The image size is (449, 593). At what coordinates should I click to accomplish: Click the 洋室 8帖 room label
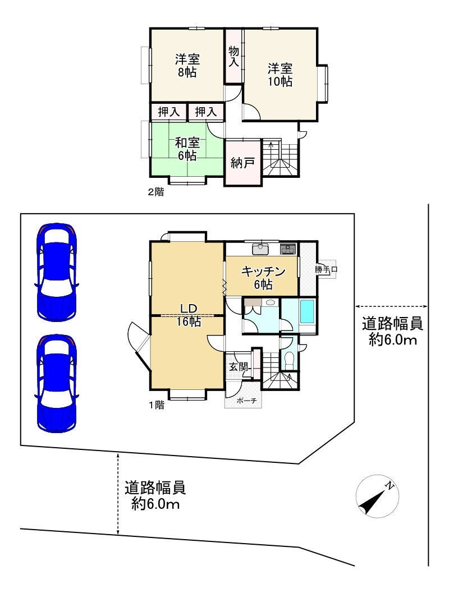[x=187, y=66]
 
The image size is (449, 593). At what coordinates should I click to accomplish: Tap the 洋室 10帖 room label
[x=280, y=75]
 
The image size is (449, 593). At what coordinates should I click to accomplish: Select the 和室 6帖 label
[x=187, y=149]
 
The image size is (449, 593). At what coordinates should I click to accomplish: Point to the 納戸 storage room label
[x=242, y=163]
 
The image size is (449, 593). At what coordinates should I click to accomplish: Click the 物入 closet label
[x=234, y=56]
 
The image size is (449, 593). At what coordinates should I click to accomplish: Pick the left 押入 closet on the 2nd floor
[x=169, y=112]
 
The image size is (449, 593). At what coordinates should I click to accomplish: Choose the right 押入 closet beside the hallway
[x=206, y=112]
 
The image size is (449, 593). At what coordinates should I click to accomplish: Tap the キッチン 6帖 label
[x=263, y=278]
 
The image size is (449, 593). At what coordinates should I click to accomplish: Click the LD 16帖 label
[x=189, y=315]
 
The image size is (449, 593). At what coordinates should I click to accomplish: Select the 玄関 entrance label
[x=239, y=366]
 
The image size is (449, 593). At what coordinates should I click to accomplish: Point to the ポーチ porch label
[x=246, y=401]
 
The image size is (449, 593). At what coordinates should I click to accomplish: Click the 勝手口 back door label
[x=326, y=269]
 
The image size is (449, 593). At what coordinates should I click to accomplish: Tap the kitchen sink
[x=260, y=249]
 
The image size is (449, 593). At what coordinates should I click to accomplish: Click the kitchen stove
[x=288, y=249]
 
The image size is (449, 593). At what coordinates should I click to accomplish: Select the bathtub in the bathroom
[x=308, y=311]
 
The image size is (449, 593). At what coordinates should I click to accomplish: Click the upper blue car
[x=57, y=272]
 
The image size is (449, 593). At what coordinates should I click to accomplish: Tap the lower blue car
[x=57, y=384]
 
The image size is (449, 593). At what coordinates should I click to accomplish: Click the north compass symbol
[x=377, y=496]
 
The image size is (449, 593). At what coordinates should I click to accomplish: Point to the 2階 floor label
[x=156, y=192]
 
